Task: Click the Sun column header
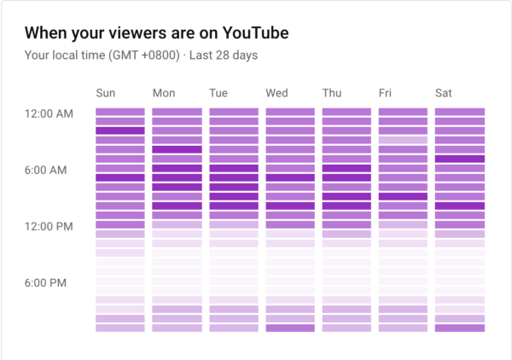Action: pyautogui.click(x=105, y=92)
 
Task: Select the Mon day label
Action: pyautogui.click(x=163, y=92)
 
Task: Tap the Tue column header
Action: pyautogui.click(x=218, y=92)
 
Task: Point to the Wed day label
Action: pyautogui.click(x=276, y=92)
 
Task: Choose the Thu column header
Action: pyautogui.click(x=332, y=92)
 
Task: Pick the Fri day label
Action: pyautogui.click(x=387, y=92)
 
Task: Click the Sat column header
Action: pyautogui.click(x=444, y=92)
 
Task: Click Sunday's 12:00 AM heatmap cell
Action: pyautogui.click(x=120, y=112)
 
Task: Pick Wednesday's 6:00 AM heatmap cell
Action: pyautogui.click(x=290, y=168)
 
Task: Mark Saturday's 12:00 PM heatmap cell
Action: pyautogui.click(x=460, y=224)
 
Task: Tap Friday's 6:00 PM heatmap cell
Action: pyautogui.click(x=403, y=281)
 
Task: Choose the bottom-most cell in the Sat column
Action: pyautogui.click(x=460, y=328)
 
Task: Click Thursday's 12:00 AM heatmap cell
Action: pyautogui.click(x=346, y=112)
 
